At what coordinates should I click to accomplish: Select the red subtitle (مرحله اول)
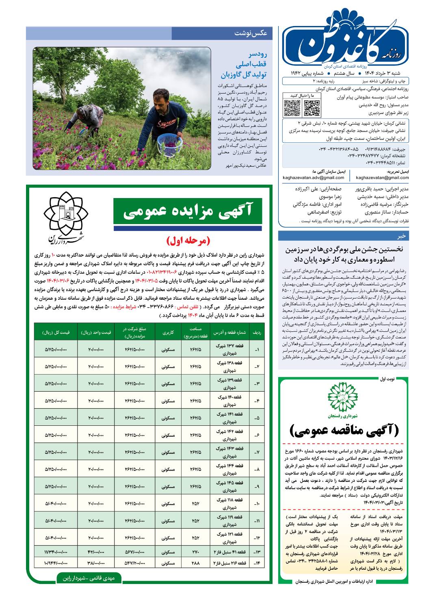point(188,240)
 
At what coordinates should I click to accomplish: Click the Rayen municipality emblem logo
point(67,215)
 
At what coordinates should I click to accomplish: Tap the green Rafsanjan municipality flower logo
point(344,398)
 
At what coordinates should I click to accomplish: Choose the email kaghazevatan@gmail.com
point(382,177)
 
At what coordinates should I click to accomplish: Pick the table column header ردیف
point(257,332)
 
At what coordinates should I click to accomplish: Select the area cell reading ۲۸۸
point(195,563)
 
